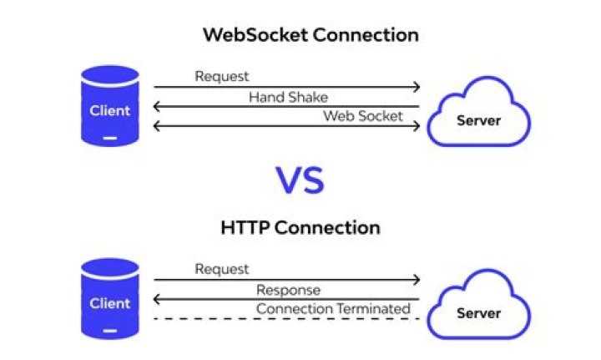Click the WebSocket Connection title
[311, 36]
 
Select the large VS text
[300, 180]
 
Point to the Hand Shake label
[288, 97]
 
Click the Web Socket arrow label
[363, 115]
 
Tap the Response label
[288, 290]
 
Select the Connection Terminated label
[333, 309]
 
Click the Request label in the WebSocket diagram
[222, 77]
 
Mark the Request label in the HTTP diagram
[222, 269]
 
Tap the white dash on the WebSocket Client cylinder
[110, 138]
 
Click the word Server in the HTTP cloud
[478, 313]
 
